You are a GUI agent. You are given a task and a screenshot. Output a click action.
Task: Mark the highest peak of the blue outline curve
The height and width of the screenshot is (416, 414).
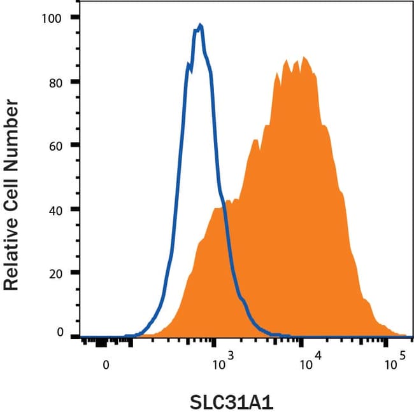(201, 25)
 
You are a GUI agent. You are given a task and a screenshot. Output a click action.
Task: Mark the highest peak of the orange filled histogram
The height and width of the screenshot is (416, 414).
(305, 58)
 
